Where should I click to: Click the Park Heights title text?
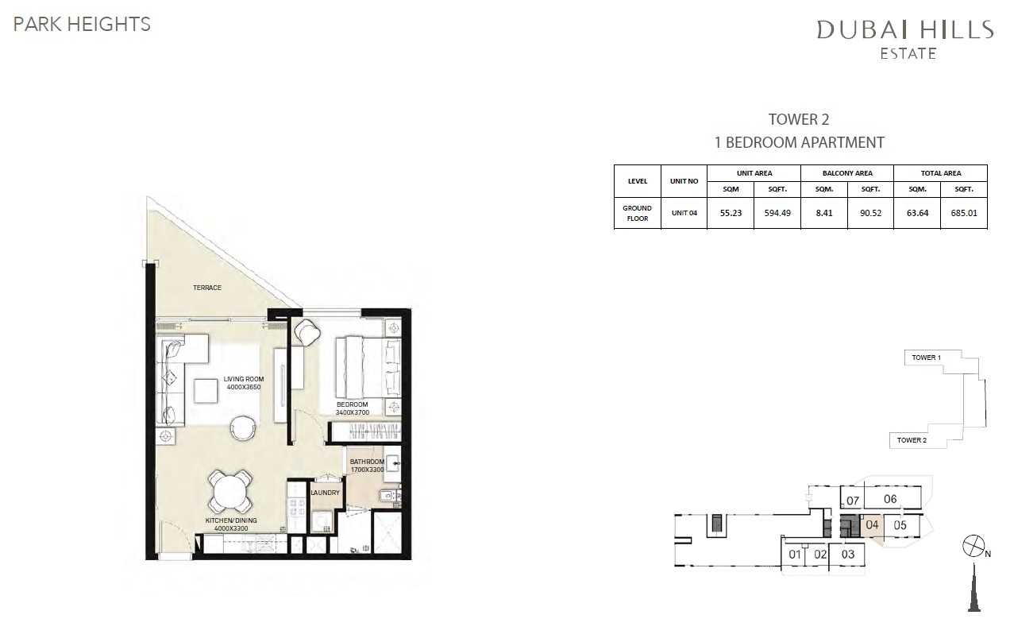82,24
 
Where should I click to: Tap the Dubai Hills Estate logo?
905,38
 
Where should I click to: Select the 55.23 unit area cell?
731,213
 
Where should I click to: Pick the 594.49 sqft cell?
777,213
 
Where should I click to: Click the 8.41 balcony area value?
823,213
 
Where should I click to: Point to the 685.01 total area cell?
964,213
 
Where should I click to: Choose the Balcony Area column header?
846,173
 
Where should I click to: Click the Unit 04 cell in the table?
684,213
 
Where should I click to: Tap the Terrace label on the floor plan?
206,287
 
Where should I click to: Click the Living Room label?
244,383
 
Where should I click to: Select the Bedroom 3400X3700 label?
353,408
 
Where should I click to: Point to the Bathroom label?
367,466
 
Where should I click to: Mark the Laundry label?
326,493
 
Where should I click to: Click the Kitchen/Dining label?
232,524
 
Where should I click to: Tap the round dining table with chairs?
230,491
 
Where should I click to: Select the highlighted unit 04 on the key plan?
872,525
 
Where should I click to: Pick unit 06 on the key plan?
889,499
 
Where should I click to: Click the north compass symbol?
972,548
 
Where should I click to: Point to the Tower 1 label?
925,358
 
